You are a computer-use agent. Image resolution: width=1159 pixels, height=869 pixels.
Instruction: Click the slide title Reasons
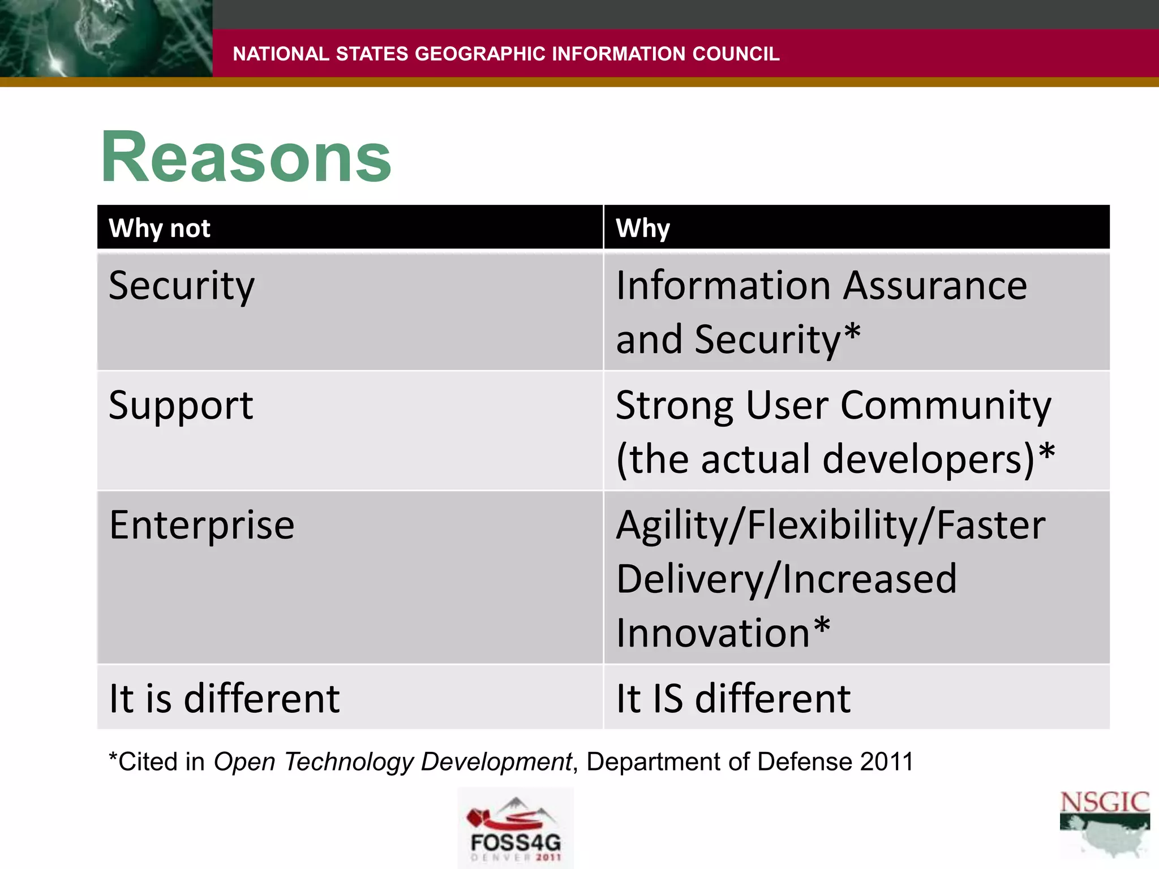tap(246, 157)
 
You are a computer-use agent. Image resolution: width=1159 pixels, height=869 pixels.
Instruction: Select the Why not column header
tap(160, 228)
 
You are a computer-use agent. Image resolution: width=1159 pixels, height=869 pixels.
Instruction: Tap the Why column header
tap(643, 228)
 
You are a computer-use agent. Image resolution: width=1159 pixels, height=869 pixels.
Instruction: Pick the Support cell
tap(181, 406)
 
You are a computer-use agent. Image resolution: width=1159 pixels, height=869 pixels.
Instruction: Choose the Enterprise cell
tap(201, 525)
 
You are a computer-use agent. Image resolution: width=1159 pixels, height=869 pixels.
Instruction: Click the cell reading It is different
tap(224, 698)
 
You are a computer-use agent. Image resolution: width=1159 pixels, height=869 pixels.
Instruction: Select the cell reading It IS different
tap(733, 698)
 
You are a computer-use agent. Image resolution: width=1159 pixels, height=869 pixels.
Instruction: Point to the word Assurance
tap(935, 286)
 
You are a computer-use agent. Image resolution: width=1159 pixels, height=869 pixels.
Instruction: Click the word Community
tap(946, 406)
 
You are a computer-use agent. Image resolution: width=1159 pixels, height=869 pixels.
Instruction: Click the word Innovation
tap(713, 633)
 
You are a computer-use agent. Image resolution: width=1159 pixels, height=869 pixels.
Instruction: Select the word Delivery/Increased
tap(786, 579)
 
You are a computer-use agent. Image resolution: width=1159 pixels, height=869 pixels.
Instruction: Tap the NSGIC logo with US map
tap(1104, 823)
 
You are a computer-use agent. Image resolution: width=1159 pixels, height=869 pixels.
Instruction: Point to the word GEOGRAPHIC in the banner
tap(479, 54)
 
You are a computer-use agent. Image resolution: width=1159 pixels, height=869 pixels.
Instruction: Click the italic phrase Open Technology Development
tap(393, 762)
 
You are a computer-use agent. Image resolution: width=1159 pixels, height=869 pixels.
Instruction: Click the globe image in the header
tap(106, 38)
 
